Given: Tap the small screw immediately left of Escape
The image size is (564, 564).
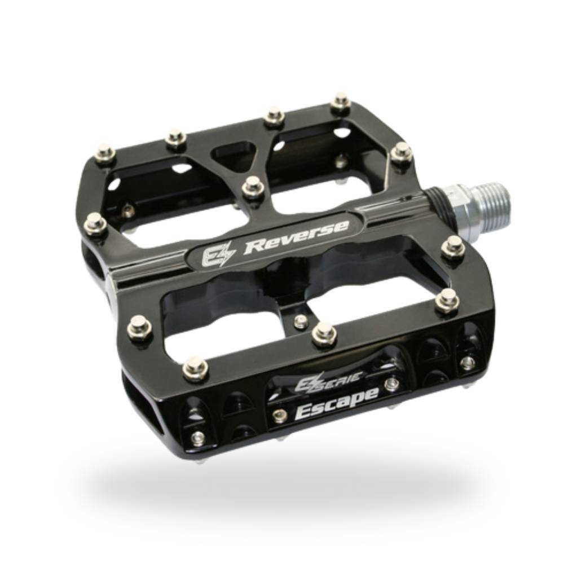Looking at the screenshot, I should point(276,416).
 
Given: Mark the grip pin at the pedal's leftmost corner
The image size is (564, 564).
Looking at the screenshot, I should point(95,224).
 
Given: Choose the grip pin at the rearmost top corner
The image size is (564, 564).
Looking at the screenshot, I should point(341,102).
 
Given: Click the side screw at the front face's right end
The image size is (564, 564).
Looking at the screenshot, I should point(467,362).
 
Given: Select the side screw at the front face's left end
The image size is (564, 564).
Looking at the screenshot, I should point(198,438).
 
